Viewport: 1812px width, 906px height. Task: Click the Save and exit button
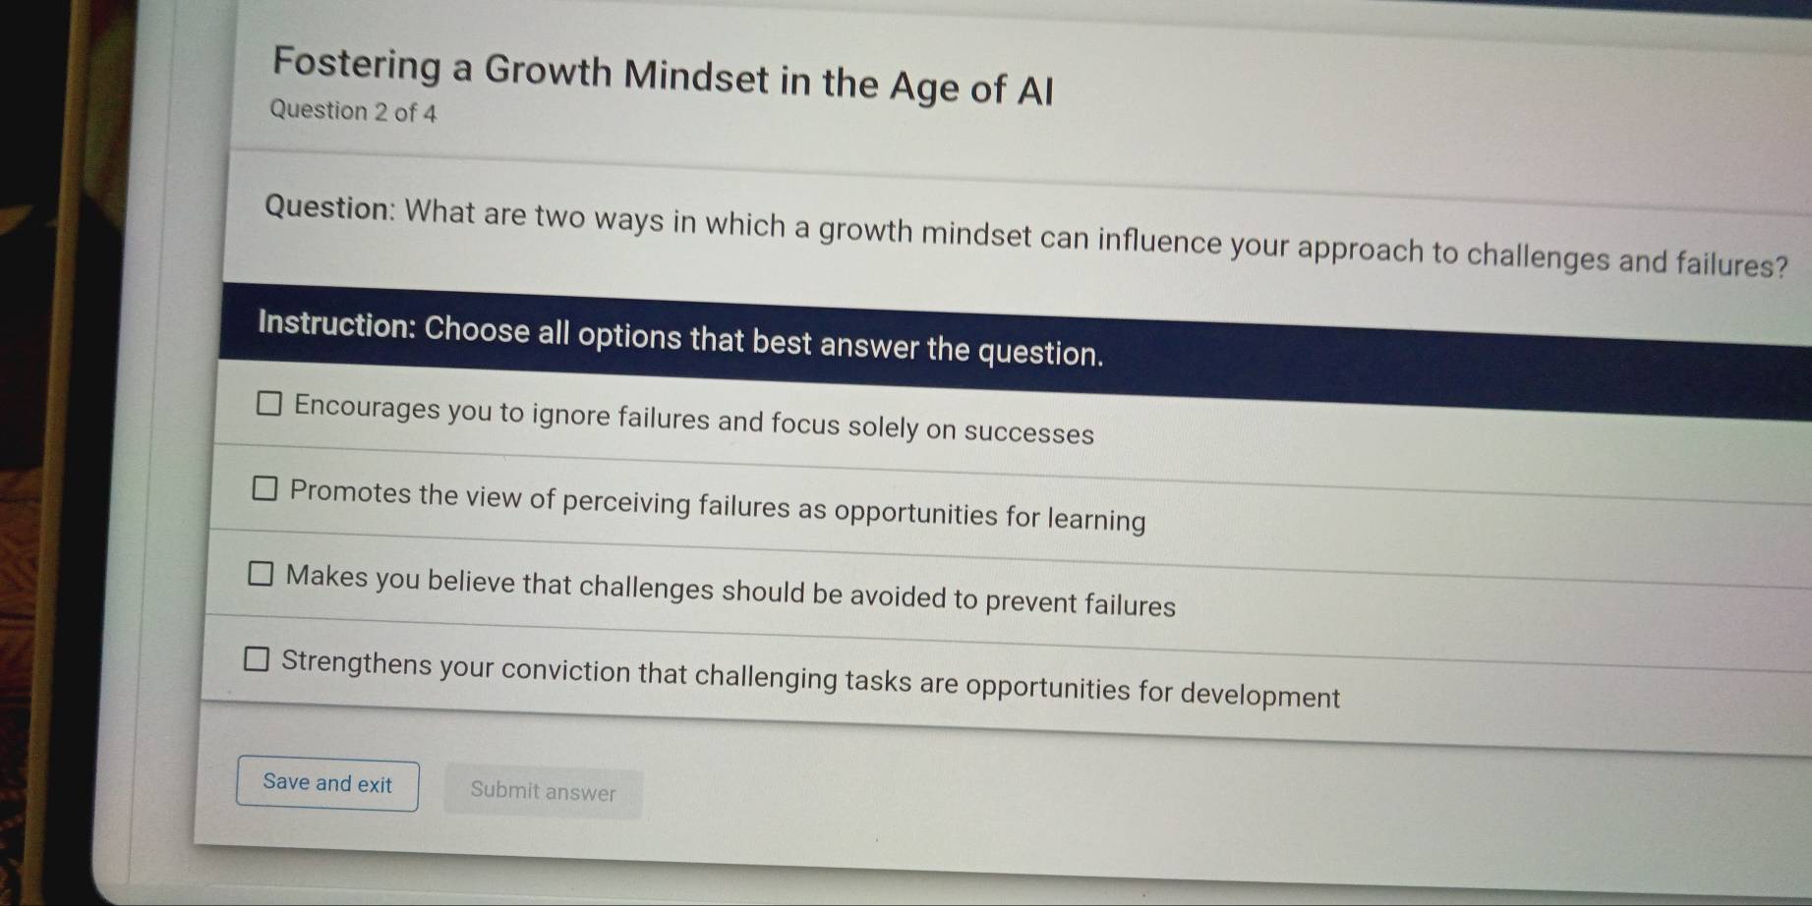coord(327,784)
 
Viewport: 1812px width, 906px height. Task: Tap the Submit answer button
coord(543,792)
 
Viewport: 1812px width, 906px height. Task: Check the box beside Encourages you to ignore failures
coord(268,404)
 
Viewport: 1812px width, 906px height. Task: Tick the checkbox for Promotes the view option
coord(264,488)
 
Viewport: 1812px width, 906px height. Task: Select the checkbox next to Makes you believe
coord(261,574)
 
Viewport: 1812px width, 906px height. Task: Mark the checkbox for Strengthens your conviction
coord(256,659)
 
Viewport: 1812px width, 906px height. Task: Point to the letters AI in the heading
coord(1034,91)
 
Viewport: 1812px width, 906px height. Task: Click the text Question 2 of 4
coord(353,111)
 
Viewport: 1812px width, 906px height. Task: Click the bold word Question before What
coord(328,208)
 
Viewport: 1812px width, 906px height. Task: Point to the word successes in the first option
coord(1028,433)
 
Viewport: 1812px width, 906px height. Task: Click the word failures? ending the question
coord(1731,264)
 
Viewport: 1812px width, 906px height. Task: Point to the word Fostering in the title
coord(357,64)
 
